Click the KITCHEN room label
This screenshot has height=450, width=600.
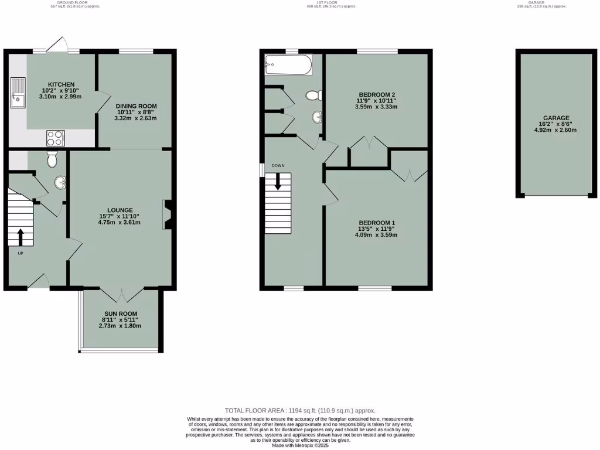(61, 84)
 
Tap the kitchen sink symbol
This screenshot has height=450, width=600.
(18, 94)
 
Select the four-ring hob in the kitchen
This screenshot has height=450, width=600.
(55, 138)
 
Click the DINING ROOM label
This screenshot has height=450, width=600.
(135, 106)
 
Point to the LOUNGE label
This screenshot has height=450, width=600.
(120, 210)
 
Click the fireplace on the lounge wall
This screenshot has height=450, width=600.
(167, 214)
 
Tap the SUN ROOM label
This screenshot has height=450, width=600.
(120, 314)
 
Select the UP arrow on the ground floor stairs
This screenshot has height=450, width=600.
(21, 237)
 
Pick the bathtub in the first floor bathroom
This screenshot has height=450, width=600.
(288, 64)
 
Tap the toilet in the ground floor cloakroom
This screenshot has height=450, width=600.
(52, 159)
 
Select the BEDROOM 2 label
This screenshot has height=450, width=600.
(376, 94)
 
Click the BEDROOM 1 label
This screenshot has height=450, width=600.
(376, 223)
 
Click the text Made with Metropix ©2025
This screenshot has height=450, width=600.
(300, 445)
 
